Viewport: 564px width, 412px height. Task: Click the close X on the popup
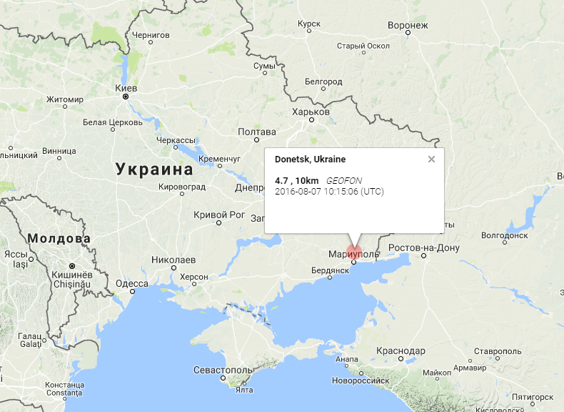431,159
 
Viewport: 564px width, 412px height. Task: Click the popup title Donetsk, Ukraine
310,159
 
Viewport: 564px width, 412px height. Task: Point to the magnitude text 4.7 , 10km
297,180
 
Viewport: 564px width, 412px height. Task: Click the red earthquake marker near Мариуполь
354,252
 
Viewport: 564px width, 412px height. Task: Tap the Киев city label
126,88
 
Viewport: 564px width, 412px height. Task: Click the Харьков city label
311,112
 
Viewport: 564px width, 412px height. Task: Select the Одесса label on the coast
131,283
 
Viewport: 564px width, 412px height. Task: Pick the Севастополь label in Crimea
223,370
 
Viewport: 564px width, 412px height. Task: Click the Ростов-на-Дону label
424,248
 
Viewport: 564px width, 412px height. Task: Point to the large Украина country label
153,170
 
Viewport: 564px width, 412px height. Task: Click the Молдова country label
59,238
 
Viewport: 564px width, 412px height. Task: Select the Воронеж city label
408,26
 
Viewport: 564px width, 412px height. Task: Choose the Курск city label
309,24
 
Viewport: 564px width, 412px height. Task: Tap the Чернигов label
151,34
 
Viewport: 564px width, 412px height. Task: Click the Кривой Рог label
219,215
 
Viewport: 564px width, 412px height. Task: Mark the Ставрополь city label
498,352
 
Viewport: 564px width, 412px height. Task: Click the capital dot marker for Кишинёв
72,265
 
